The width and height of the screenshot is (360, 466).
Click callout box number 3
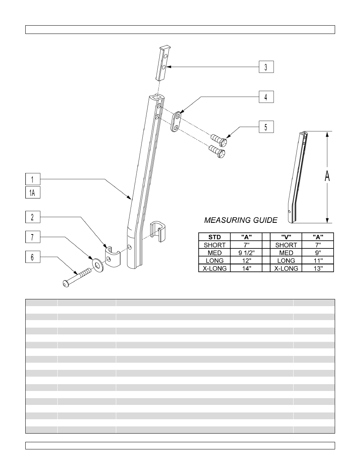pyautogui.click(x=266, y=67)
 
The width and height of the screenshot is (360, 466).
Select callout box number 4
pyautogui.click(x=266, y=97)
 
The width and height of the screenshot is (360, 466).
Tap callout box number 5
pyautogui.click(x=266, y=127)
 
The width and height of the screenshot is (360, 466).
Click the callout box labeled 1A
pyautogui.click(x=32, y=193)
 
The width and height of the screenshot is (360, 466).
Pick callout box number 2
pyautogui.click(x=32, y=217)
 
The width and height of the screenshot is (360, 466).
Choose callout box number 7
pyautogui.click(x=32, y=237)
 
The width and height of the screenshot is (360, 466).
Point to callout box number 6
pyautogui.click(x=32, y=257)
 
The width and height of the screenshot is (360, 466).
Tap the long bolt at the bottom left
pyautogui.click(x=76, y=277)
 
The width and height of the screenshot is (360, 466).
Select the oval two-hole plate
pyautogui.click(x=176, y=121)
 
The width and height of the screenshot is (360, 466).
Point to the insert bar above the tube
pyautogui.click(x=163, y=63)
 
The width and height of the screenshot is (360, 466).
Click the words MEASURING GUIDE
pyautogui.click(x=241, y=220)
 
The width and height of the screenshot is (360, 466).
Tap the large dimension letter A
pyautogui.click(x=327, y=176)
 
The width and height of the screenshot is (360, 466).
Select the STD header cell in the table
pyautogui.click(x=214, y=237)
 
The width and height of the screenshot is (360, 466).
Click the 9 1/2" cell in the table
pyautogui.click(x=246, y=253)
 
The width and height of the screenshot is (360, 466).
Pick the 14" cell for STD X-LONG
pyautogui.click(x=246, y=268)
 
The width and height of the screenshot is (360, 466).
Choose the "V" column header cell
pyautogui.click(x=286, y=237)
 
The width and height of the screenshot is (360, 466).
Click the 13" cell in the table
pyautogui.click(x=318, y=268)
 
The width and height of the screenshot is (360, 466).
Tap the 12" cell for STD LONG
pyautogui.click(x=246, y=261)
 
